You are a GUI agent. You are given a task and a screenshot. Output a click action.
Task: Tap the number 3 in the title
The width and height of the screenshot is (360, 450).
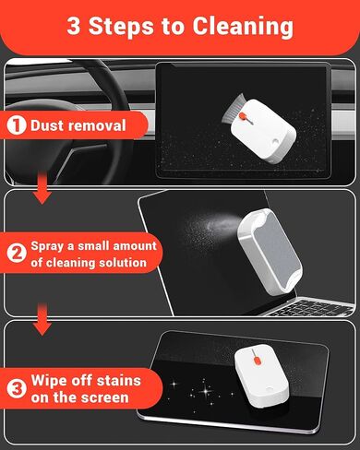point(74,25)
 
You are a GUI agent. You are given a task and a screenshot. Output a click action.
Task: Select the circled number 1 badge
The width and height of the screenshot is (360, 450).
point(16,124)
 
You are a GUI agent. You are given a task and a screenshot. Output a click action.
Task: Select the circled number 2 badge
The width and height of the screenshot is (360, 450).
point(16,253)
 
